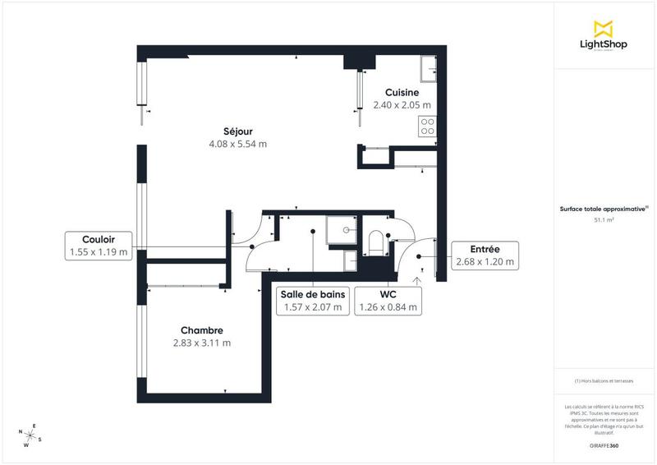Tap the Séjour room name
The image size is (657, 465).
pyautogui.click(x=237, y=131)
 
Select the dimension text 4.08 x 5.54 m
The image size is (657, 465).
pyautogui.click(x=237, y=144)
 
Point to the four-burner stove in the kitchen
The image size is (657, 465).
pyautogui.click(x=427, y=126)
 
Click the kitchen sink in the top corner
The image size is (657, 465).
pyautogui.click(x=429, y=70)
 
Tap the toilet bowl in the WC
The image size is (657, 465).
pyautogui.click(x=375, y=242)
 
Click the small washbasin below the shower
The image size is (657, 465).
pyautogui.click(x=350, y=260)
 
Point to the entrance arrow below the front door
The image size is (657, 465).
pyautogui.click(x=416, y=281)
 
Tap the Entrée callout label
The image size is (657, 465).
pyautogui.click(x=485, y=250)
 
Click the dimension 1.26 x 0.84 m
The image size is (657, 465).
pyautogui.click(x=388, y=308)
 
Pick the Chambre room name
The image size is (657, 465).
pyautogui.click(x=202, y=330)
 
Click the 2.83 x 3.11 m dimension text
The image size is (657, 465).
pyautogui.click(x=202, y=343)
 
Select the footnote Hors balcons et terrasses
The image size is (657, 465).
pyautogui.click(x=604, y=381)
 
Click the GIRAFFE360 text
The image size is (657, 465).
pyautogui.click(x=604, y=444)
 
